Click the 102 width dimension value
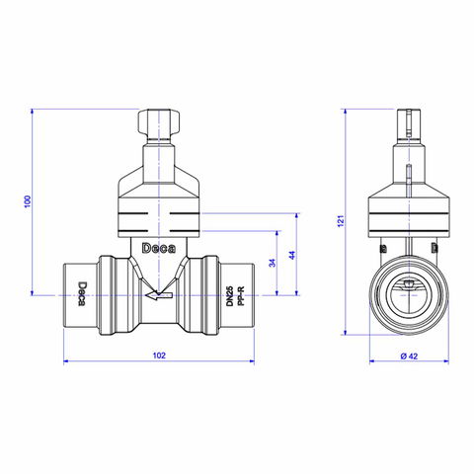[159, 355]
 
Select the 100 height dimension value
[28, 201]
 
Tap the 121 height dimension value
[341, 221]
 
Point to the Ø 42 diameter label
[409, 355]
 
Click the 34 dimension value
[273, 263]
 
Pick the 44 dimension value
[292, 255]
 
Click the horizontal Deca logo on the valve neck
[159, 249]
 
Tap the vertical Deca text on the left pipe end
[82, 293]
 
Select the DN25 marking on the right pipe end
[230, 295]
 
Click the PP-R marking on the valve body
[241, 295]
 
